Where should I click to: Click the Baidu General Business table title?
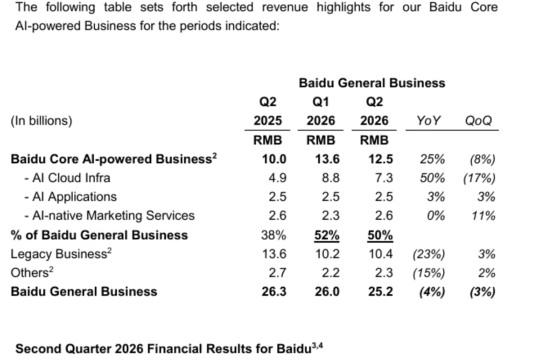(372, 83)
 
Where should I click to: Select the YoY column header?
(428, 121)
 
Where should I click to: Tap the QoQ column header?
(478, 121)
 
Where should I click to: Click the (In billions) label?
(42, 121)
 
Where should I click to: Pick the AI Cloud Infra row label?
(67, 178)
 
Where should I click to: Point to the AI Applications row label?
(70, 197)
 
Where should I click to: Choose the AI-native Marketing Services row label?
(110, 215)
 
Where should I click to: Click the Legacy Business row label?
(61, 254)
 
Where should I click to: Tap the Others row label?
(32, 272)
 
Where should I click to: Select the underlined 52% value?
(327, 235)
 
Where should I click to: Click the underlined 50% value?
(380, 235)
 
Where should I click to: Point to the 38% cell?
(273, 235)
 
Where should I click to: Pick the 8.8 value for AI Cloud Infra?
(330, 178)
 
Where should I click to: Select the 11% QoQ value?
(483, 216)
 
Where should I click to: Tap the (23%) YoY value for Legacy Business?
(429, 254)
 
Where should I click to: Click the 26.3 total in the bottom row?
(274, 292)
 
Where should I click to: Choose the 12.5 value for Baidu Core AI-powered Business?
(381, 159)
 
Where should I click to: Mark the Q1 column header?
(321, 102)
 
